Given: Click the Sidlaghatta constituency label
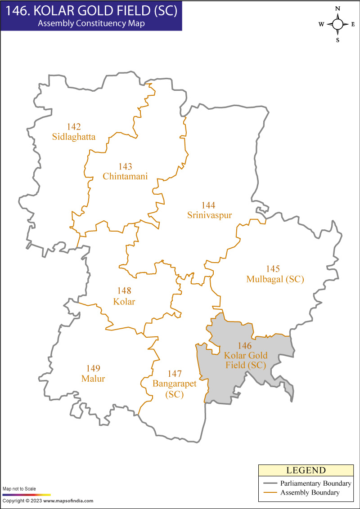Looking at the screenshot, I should click(74, 137).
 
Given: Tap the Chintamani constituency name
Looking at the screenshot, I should click(125, 176).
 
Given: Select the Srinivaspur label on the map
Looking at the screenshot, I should click(209, 215).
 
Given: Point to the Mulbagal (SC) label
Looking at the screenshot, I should click(275, 279).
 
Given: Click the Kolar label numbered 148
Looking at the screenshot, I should click(124, 301).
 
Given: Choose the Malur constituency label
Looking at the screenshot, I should click(93, 379).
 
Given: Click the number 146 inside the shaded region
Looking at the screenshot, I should click(245, 346).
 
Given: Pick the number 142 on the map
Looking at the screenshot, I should click(74, 127).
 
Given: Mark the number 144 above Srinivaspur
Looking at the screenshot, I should click(209, 205).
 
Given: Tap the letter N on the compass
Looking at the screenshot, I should click(337, 9).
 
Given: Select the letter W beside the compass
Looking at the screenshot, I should click(321, 25).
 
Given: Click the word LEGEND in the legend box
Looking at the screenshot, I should click(306, 471).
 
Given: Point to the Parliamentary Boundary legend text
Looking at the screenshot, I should click(315, 483).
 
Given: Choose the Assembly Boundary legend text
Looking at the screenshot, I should click(310, 493).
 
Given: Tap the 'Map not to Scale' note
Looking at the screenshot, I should click(19, 488).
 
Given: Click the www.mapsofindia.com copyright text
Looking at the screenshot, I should click(48, 500).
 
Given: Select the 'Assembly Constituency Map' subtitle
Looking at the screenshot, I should click(91, 24).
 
